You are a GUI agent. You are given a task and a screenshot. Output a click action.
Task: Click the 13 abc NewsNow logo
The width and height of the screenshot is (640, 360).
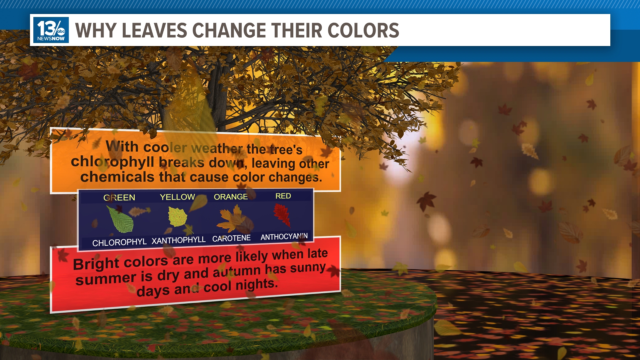(51, 30)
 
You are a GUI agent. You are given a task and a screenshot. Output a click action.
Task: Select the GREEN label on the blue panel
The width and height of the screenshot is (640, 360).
(119, 198)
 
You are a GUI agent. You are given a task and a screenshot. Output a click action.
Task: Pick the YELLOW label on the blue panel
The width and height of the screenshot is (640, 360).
(177, 197)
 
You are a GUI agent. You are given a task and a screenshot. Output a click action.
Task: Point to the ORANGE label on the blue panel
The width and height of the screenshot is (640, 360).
(231, 197)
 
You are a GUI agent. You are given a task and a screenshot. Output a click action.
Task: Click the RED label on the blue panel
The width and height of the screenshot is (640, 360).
(283, 196)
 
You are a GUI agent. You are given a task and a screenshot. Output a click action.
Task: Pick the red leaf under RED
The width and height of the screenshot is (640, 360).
(282, 215)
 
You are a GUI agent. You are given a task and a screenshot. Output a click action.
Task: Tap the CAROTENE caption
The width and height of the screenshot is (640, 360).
(231, 238)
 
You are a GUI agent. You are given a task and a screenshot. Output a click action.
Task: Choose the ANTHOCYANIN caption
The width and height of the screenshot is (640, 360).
(284, 237)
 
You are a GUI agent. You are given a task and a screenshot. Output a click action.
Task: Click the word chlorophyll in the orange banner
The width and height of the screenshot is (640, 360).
(112, 162)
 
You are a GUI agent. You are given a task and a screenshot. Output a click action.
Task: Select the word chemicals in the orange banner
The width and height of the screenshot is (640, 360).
(117, 177)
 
